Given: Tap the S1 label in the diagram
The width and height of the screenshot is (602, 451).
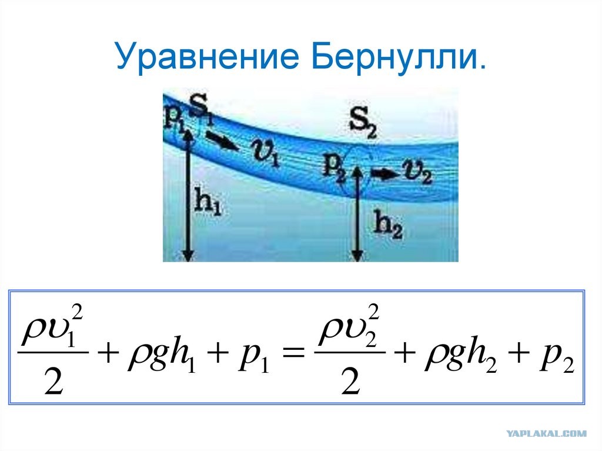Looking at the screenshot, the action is coord(200,111).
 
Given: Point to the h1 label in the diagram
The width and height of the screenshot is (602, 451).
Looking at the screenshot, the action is coord(208,201).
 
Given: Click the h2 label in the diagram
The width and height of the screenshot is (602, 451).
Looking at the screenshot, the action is coord(388,225).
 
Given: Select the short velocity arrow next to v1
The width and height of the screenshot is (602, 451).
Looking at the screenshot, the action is coord(222,141).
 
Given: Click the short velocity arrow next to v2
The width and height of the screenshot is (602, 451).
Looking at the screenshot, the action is coord(385,174).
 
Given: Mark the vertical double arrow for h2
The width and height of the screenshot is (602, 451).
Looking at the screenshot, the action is coord(357,213).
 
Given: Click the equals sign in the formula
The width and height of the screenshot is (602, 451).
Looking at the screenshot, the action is coord(293,352).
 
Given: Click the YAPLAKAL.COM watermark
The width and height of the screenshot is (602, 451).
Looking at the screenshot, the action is coord(546,433).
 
